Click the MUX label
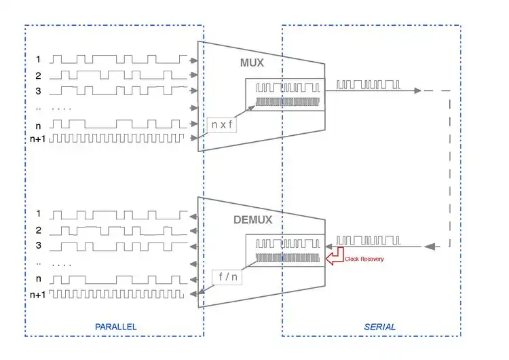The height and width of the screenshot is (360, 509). tap(252, 62)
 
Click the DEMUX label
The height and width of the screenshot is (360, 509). tap(253, 219)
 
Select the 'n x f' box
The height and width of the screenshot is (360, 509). tap(221, 124)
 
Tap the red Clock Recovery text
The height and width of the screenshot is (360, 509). tap(364, 259)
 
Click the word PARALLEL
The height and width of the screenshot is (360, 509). tap(115, 327)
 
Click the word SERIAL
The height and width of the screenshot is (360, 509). tap(379, 327)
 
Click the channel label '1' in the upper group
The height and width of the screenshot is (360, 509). tap(39, 60)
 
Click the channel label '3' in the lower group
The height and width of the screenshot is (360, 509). tap(39, 246)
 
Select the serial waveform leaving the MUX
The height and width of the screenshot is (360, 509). tap(369, 85)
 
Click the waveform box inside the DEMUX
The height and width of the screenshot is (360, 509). tap(285, 251)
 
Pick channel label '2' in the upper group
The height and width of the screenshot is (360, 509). tap(39, 75)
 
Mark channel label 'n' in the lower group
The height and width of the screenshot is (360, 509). tap(39, 279)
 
